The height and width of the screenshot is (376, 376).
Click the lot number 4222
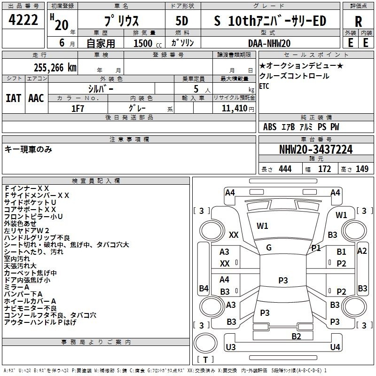point(23,20)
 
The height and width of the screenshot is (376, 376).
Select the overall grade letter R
point(358,22)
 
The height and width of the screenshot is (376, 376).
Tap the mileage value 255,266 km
point(55,68)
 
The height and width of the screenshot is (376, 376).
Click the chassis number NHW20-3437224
point(316,149)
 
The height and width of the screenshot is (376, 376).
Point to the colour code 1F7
point(78,109)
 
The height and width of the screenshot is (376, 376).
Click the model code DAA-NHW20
point(269,43)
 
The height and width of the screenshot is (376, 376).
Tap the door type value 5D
point(182,21)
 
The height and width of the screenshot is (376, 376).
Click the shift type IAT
point(14,98)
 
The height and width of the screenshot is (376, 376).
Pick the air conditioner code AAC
point(36,98)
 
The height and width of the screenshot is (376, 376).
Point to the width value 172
point(324,169)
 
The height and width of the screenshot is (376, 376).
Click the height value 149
point(362,169)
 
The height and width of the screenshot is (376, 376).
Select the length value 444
point(285,169)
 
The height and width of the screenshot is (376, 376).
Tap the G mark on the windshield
point(269,248)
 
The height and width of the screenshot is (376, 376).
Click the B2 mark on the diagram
point(296,336)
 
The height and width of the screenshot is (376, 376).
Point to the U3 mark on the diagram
point(231,347)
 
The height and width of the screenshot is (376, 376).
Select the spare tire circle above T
point(205,343)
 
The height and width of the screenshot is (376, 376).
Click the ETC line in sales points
point(264,86)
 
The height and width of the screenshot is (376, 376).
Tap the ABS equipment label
point(270,127)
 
